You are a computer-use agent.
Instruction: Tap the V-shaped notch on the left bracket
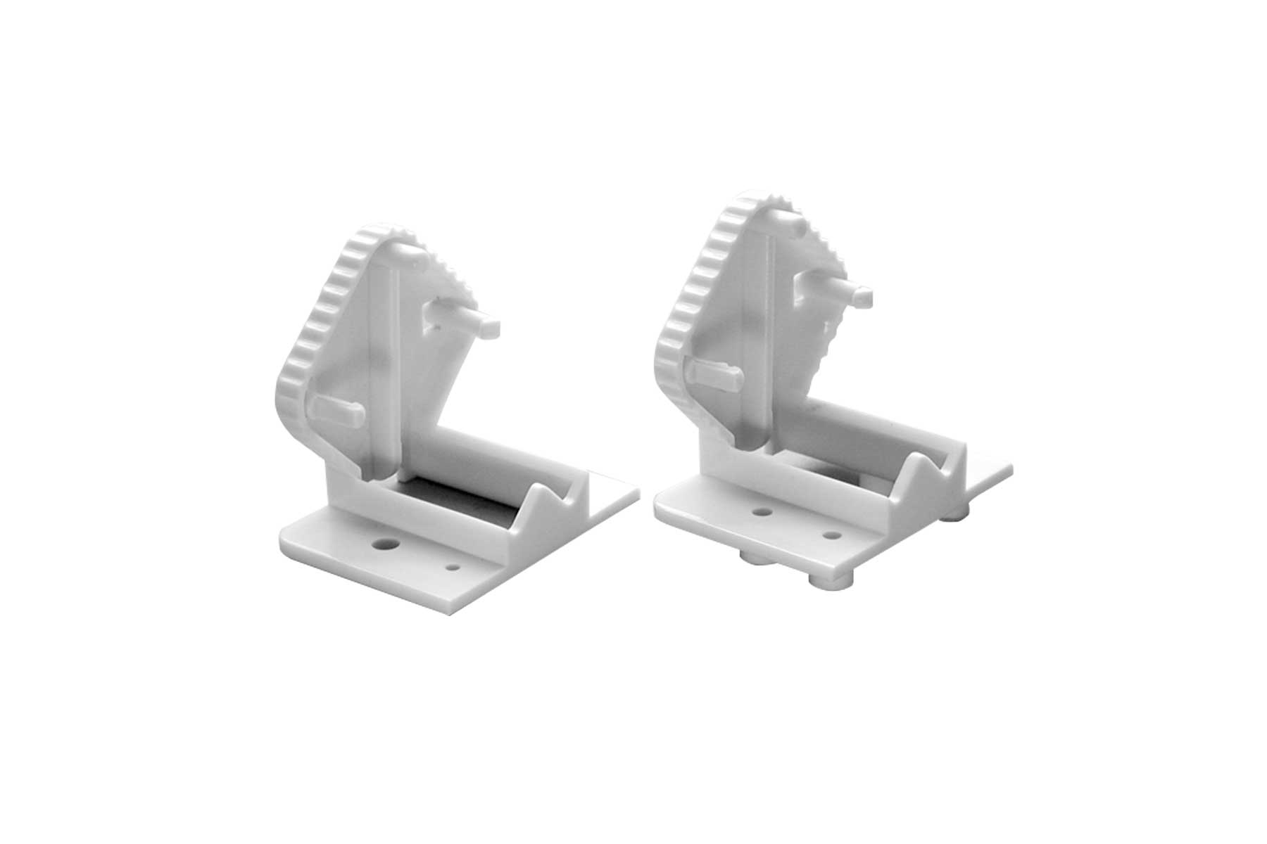tap(556, 499)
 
